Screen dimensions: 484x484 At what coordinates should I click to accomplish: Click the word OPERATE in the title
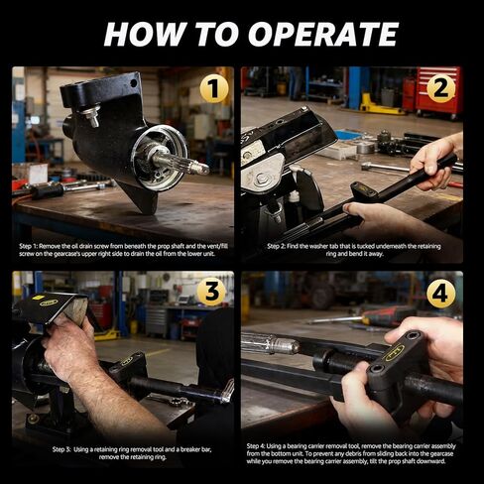pos(323,34)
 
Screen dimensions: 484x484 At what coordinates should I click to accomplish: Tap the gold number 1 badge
pos(214,89)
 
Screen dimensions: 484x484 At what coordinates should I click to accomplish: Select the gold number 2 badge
pos(441,88)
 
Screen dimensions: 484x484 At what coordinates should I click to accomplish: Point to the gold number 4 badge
pos(441,294)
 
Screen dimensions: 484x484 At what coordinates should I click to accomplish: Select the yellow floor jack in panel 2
pos(380,105)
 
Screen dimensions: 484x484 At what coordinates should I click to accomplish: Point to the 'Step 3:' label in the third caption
pos(61,449)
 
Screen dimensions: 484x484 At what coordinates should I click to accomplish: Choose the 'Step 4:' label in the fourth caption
pos(256,446)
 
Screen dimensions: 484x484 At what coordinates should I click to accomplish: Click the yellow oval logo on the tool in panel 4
pos(395,352)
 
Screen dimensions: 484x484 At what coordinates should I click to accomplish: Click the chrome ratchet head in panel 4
pos(271,344)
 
